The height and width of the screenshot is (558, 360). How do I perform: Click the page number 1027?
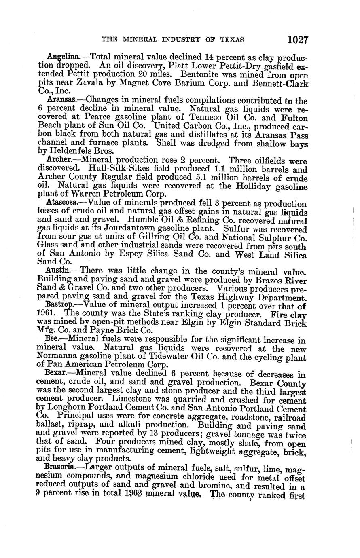pos(298,40)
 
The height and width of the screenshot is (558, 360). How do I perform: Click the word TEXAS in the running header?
pos(232,40)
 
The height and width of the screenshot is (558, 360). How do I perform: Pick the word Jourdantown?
pos(132,229)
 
